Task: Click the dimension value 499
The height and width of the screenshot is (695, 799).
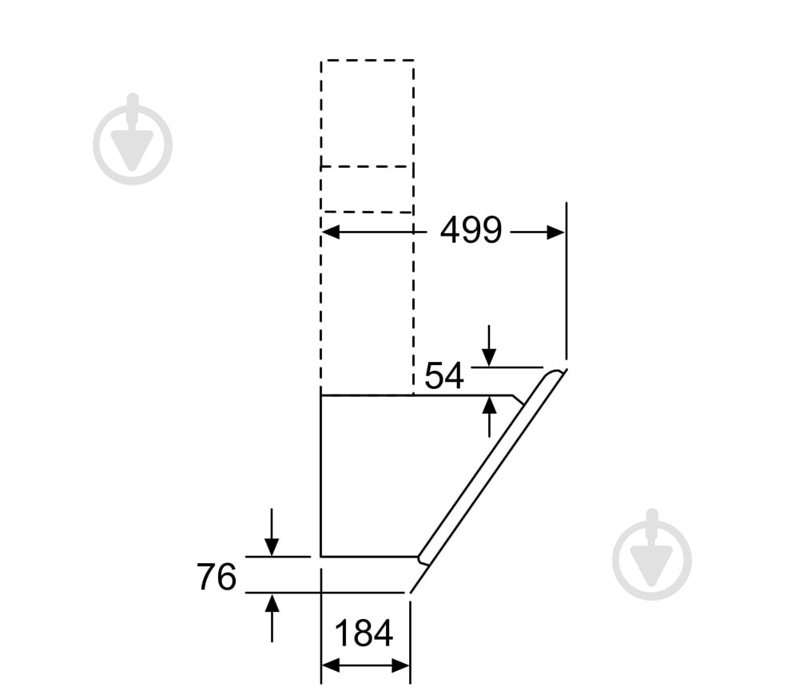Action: click(x=471, y=231)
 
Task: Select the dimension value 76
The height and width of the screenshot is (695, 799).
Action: click(x=216, y=577)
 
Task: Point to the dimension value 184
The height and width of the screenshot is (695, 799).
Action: click(x=364, y=633)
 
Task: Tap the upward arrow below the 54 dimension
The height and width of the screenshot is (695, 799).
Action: click(x=489, y=407)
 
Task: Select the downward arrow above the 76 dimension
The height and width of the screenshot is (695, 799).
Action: click(x=272, y=546)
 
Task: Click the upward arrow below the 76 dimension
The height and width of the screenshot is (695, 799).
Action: click(x=272, y=602)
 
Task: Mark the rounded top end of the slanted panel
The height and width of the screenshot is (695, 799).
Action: click(x=553, y=375)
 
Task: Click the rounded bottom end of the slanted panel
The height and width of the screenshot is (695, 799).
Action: click(x=423, y=558)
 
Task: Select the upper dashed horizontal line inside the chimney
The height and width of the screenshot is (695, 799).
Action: click(x=367, y=166)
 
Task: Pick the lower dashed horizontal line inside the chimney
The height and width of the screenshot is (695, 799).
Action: click(x=367, y=212)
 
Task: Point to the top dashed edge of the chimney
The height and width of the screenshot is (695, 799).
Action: click(x=367, y=60)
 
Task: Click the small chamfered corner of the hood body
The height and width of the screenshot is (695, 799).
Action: click(x=519, y=400)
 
